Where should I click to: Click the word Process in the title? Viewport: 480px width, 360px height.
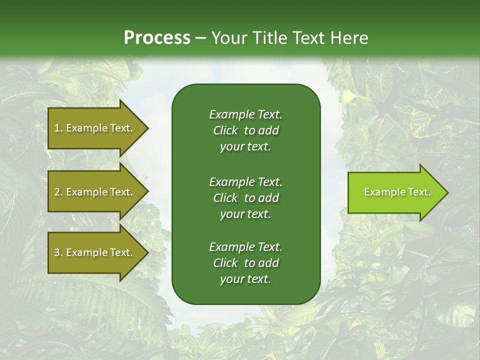pos(157,38)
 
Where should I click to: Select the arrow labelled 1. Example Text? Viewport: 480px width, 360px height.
pos(94,128)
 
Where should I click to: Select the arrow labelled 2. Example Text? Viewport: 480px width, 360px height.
pos(94,192)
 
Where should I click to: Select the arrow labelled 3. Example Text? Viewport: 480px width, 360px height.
pos(94,252)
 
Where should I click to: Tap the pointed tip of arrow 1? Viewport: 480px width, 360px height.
pos(147,128)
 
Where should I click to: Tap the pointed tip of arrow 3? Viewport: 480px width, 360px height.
pos(147,252)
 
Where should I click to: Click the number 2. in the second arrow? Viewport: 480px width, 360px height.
pos(58,192)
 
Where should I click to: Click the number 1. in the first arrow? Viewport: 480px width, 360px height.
pos(58,128)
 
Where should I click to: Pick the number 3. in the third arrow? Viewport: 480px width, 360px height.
pos(58,252)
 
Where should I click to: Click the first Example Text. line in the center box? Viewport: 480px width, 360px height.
pos(245,114)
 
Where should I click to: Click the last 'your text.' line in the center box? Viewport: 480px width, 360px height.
pos(245,279)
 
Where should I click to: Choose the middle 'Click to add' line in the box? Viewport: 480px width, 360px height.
pos(245,198)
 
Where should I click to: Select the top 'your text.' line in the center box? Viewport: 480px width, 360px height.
pos(245,147)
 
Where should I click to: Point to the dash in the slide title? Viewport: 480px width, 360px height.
pos(200,38)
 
